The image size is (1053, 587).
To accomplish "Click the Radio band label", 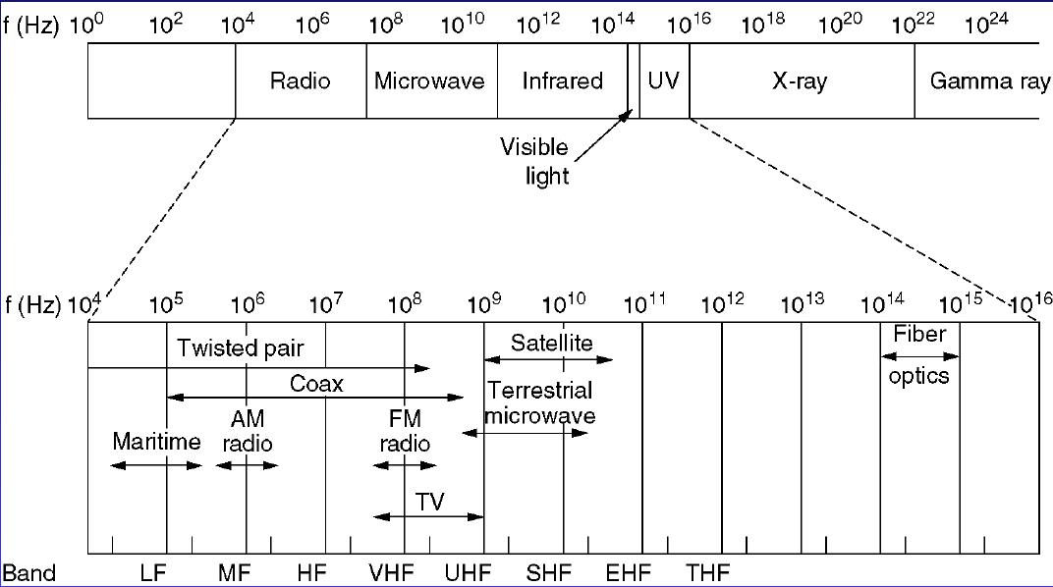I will (x=301, y=80).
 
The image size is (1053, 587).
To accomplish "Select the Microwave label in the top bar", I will (x=429, y=80).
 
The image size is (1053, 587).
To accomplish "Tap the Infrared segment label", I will (x=562, y=80).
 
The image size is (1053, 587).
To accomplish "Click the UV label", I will (x=664, y=80).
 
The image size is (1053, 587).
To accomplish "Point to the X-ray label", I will (x=800, y=80).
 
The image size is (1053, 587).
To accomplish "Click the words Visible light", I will (x=534, y=162).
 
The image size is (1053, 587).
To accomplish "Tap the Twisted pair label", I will (x=241, y=347).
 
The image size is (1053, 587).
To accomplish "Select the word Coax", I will (x=316, y=384).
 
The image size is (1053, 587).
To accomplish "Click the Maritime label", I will (x=156, y=440).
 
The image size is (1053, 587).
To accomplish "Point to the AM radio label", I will (x=248, y=430).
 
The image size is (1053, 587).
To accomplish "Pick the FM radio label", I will (x=404, y=430).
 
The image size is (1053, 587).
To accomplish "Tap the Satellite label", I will (x=552, y=343).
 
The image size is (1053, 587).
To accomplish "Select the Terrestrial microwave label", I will (x=541, y=402).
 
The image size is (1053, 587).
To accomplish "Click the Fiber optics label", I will (x=919, y=354).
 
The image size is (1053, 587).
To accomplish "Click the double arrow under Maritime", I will (x=156, y=464).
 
